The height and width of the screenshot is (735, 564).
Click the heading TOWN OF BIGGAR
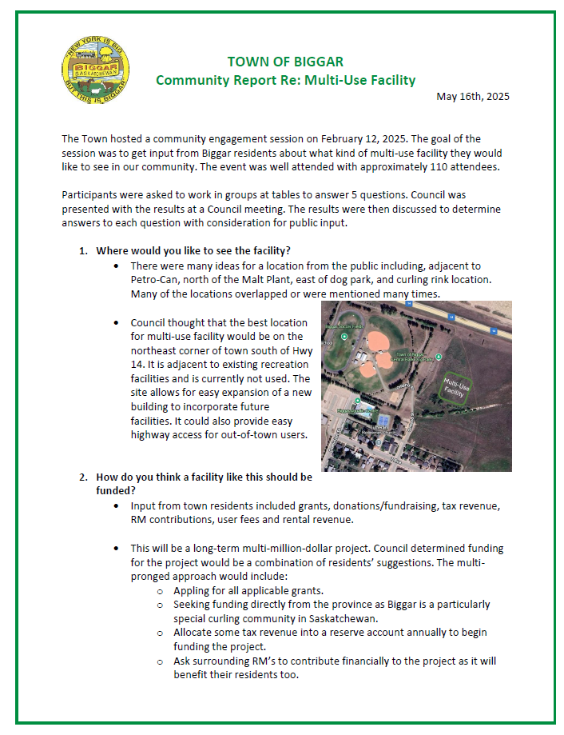[285, 62]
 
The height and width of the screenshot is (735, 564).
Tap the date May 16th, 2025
[473, 97]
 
